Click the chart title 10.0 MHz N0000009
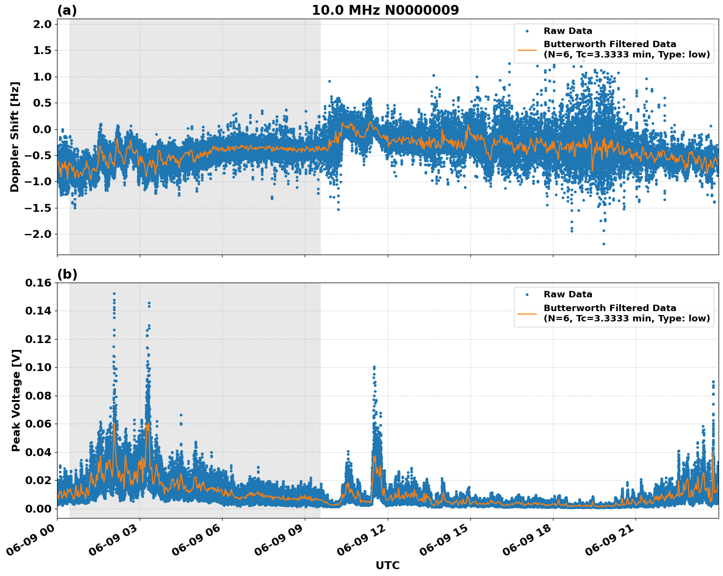pos(385,10)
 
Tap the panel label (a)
pos(67,10)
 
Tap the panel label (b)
pos(67,274)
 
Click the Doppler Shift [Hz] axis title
pos(15,137)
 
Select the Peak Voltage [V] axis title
pos(16,400)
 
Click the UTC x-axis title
pos(387,565)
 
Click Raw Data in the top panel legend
pos(568,31)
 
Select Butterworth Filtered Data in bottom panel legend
pos(609,308)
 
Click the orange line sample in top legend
pos(527,50)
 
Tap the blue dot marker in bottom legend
pos(527,294)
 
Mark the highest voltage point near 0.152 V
pos(114,294)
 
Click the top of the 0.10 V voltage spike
pos(374,367)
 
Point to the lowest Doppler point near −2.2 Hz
pos(604,244)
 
